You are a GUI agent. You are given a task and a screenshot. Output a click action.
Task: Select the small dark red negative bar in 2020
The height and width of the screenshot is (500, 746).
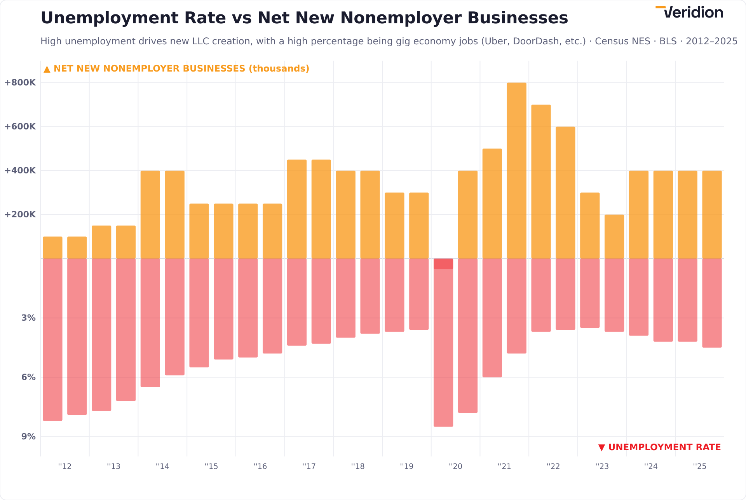click(x=443, y=264)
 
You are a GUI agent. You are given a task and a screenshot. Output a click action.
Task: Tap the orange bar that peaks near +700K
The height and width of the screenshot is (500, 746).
click(x=541, y=182)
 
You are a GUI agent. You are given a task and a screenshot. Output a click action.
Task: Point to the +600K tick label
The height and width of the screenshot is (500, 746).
click(x=20, y=127)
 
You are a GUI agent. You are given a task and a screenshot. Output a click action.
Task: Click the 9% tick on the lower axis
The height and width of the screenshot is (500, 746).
click(x=28, y=437)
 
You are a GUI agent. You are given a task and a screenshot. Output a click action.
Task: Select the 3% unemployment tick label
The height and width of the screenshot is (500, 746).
click(x=28, y=318)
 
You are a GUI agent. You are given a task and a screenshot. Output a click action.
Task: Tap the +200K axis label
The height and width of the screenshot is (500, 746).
click(x=20, y=215)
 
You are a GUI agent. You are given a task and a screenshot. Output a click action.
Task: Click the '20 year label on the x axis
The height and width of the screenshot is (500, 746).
click(x=455, y=467)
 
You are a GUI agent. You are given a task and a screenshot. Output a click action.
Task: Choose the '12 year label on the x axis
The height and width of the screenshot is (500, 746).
click(x=65, y=467)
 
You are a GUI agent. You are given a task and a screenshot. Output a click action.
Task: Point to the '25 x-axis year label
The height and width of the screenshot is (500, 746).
click(x=700, y=467)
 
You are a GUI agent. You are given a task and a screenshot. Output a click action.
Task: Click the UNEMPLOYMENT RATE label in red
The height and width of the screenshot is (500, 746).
click(x=660, y=448)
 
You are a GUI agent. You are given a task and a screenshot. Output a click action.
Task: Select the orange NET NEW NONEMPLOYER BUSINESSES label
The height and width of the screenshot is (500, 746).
click(x=176, y=69)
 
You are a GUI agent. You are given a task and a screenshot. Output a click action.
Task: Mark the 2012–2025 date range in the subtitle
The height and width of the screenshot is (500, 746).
click(x=711, y=41)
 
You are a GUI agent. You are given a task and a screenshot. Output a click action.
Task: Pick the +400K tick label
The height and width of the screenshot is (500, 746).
click(x=20, y=171)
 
